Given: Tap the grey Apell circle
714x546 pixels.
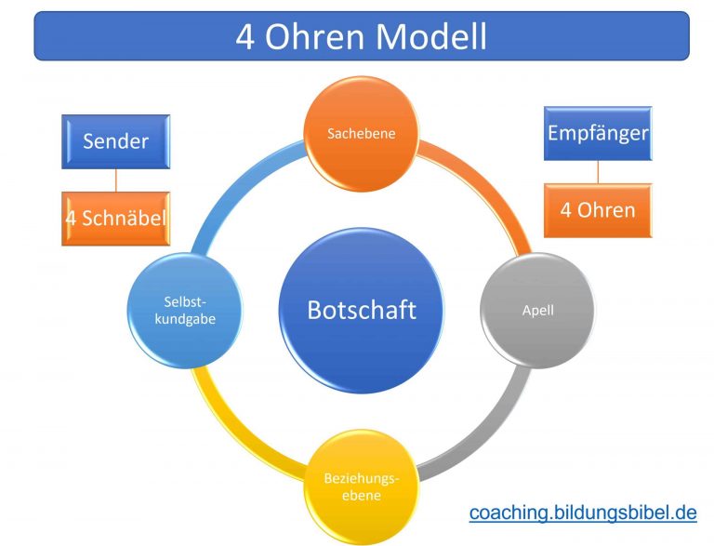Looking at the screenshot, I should (x=537, y=311).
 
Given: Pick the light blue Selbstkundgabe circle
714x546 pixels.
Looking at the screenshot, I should (x=184, y=311).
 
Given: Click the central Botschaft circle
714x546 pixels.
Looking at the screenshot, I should (x=361, y=310).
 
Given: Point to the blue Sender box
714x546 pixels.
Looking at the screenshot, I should (x=115, y=141).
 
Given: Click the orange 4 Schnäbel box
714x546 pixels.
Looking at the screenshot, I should (x=115, y=219).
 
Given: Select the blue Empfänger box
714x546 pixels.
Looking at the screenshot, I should (x=598, y=133).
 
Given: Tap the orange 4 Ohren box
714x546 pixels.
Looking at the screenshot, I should (x=598, y=210).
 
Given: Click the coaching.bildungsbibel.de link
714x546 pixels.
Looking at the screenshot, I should (x=582, y=513).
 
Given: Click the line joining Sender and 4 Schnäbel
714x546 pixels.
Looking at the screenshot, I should (x=115, y=180).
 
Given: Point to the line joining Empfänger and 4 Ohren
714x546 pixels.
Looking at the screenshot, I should (x=598, y=172).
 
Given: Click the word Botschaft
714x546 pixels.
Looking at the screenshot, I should (x=361, y=310).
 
